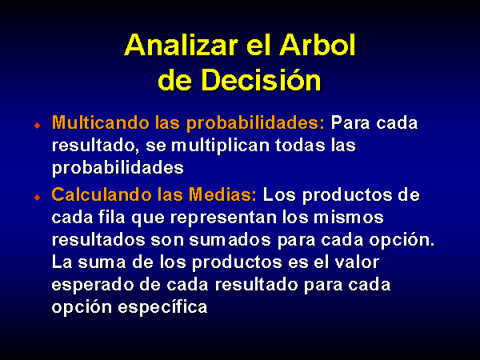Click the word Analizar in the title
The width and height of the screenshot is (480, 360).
[182, 45]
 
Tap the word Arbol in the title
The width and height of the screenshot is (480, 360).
[318, 45]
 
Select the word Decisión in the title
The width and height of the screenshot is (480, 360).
[261, 80]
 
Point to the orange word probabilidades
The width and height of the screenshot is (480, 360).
[256, 123]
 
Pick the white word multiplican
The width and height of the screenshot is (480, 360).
[221, 146]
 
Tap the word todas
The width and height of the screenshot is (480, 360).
[300, 145]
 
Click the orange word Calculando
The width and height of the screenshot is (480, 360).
[102, 194]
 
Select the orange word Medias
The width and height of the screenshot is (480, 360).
[222, 194]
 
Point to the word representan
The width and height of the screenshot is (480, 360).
[223, 218]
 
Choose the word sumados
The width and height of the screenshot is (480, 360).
[230, 240]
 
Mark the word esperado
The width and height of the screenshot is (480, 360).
[93, 286]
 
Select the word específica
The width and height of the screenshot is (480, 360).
[162, 307]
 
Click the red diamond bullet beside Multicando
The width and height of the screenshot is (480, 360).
[38, 126]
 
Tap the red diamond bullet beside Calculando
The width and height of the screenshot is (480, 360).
[38, 197]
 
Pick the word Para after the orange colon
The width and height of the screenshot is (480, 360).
[350, 123]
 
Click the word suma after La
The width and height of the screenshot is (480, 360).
[102, 263]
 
